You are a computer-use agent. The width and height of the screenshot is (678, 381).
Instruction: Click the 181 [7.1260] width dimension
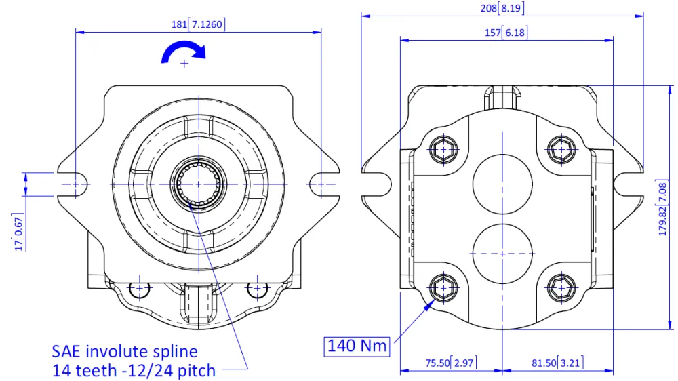coord(198,24)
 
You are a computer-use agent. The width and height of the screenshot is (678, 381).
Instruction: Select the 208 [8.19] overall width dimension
coord(502,8)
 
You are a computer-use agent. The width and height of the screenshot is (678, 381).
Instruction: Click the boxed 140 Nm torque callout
coord(357,346)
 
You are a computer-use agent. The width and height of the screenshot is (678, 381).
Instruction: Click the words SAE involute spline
coord(125,351)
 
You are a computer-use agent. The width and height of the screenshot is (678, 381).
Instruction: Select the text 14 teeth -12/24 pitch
coord(134,370)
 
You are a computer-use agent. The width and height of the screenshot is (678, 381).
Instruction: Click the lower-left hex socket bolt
coord(443,288)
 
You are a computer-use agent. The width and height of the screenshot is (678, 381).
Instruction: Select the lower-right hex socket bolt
coord(561,288)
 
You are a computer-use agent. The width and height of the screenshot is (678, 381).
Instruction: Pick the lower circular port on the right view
coord(501,253)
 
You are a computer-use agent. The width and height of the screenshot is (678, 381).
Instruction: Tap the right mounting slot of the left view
coord(319,184)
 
